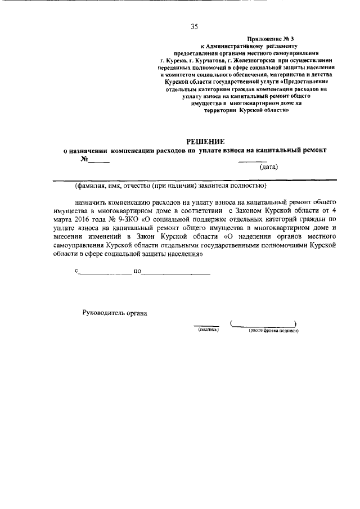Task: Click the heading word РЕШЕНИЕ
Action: [205, 142]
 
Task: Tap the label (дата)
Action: [268, 167]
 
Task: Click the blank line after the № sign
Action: [98, 161]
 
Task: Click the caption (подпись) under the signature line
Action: [205, 331]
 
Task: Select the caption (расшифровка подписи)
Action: [273, 331]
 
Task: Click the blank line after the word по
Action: [176, 274]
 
